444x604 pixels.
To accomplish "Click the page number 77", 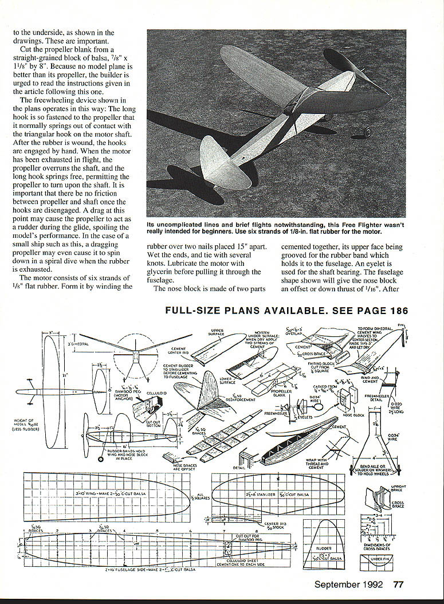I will (x=399, y=585).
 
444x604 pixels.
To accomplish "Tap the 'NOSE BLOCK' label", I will (x=353, y=414).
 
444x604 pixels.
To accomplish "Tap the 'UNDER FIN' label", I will (x=381, y=559).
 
